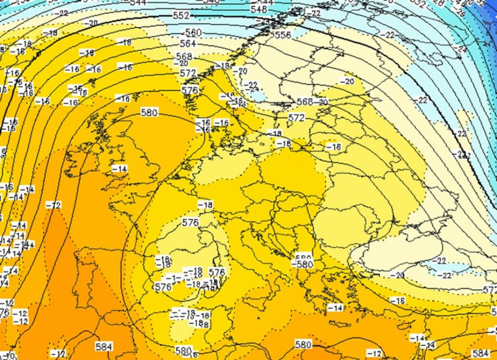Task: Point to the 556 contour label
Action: (282, 35)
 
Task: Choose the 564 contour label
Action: (189, 44)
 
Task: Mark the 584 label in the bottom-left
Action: (104, 347)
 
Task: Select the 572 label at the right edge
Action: (490, 290)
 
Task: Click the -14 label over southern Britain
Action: (119, 168)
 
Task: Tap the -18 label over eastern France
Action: (205, 205)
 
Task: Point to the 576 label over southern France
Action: (190, 223)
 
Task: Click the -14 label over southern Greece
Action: (335, 307)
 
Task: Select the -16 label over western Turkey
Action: (397, 300)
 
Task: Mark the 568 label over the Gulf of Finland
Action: (304, 102)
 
